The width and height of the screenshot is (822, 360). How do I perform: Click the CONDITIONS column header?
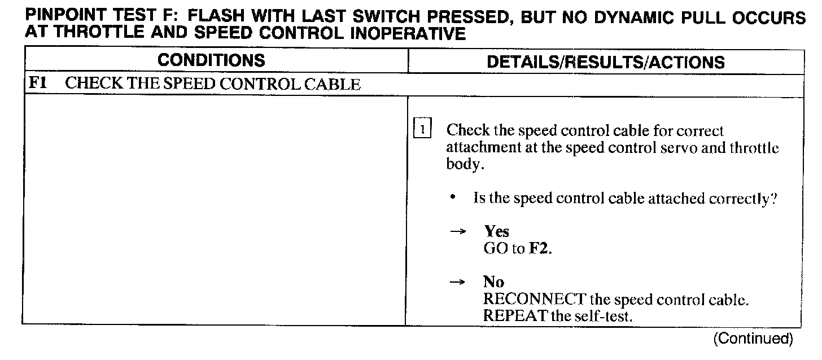coord(211,60)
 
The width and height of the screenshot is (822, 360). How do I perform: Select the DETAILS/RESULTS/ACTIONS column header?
coord(605,62)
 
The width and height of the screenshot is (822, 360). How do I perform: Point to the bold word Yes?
coord(496,231)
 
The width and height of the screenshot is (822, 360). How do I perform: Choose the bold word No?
coord(493,282)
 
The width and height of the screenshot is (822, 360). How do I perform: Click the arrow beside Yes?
coord(461,232)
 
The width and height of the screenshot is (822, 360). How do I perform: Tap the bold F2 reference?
coord(539,248)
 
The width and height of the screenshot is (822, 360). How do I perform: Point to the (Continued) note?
coord(753,339)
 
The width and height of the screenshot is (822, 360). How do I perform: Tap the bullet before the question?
coord(453,198)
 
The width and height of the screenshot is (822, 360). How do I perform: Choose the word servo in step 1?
coord(699,148)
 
